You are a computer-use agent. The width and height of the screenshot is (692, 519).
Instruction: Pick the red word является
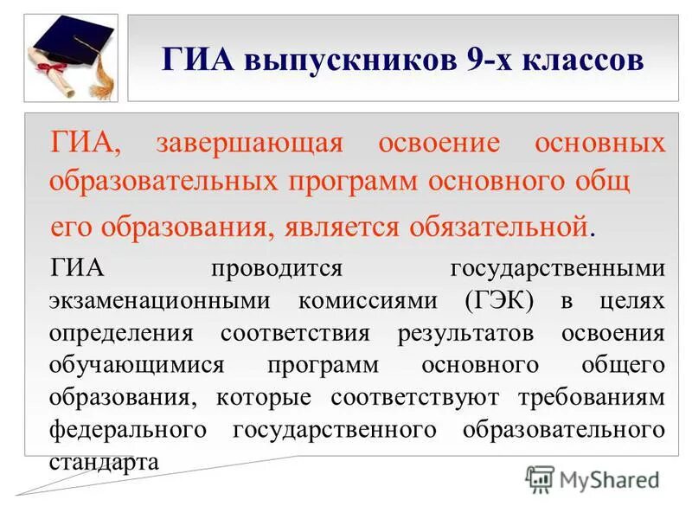pyautogui.click(x=363, y=227)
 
